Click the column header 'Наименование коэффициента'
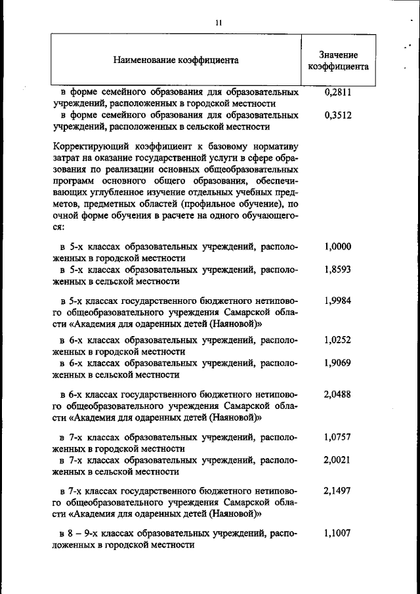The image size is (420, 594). tap(175, 60)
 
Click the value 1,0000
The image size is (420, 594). tap(338, 247)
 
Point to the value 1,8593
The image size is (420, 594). tap(338, 270)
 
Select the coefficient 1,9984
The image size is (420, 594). tap(338, 300)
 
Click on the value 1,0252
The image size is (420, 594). tap(338, 340)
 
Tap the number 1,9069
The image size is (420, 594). tap(338, 362)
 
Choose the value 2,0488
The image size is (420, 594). tap(338, 394)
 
